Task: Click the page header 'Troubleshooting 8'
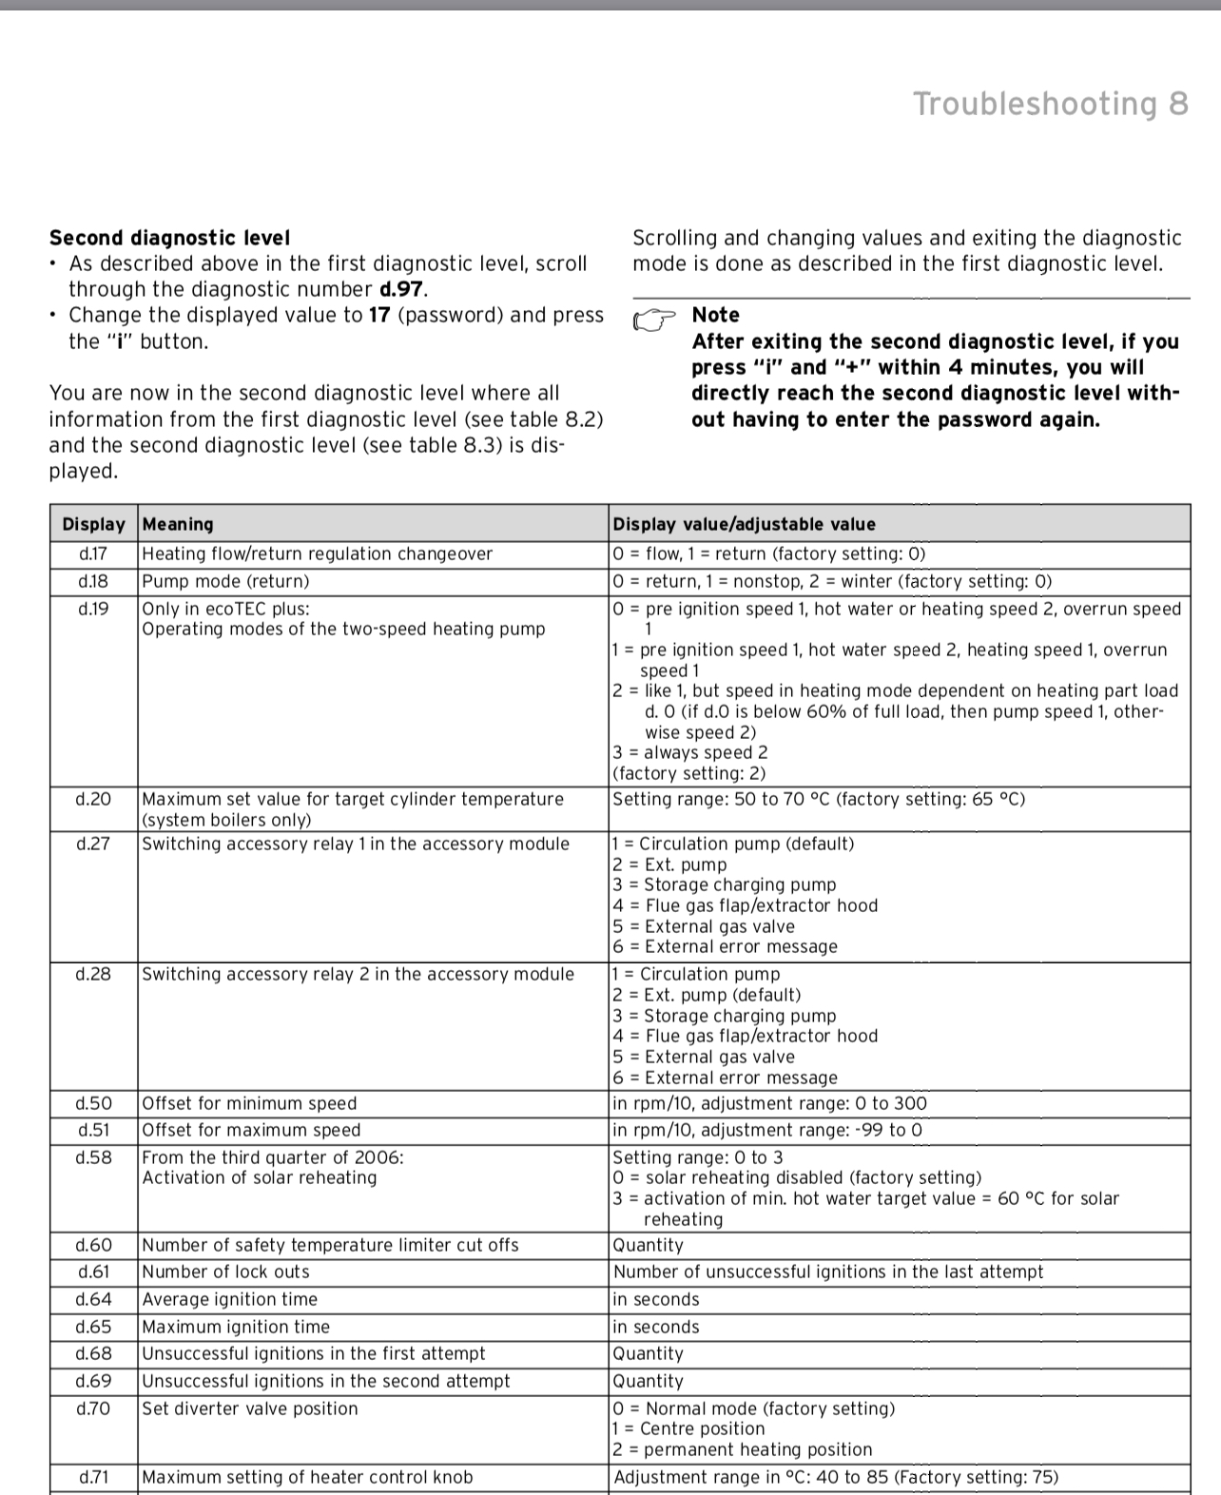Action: point(1050,104)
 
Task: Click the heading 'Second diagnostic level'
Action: point(169,238)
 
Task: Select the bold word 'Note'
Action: point(715,315)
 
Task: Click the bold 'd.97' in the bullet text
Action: point(400,289)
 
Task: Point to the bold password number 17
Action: point(378,315)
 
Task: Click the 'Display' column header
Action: point(93,524)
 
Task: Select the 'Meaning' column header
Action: point(178,524)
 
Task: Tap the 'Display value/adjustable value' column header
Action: point(744,524)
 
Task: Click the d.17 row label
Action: point(93,553)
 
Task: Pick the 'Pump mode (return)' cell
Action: point(225,581)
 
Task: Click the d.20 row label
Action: point(93,799)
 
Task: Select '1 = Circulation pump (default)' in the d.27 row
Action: point(733,844)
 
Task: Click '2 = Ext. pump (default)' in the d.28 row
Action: point(707,995)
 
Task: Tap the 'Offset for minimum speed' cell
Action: point(249,1103)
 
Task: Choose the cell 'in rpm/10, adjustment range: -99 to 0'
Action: point(767,1130)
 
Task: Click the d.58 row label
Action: point(93,1157)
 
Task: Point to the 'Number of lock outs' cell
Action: point(225,1272)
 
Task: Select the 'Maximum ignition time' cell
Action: point(236,1327)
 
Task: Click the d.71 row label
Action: point(93,1477)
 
